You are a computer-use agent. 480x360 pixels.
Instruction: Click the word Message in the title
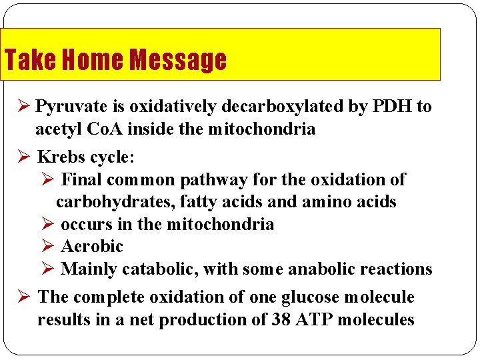pos(178,60)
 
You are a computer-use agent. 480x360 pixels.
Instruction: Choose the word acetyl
pos(59,129)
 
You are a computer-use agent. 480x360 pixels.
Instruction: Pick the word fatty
pos(191,201)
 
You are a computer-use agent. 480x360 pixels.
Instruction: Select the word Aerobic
pos(92,247)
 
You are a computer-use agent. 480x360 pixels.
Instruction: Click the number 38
pos(281,320)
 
